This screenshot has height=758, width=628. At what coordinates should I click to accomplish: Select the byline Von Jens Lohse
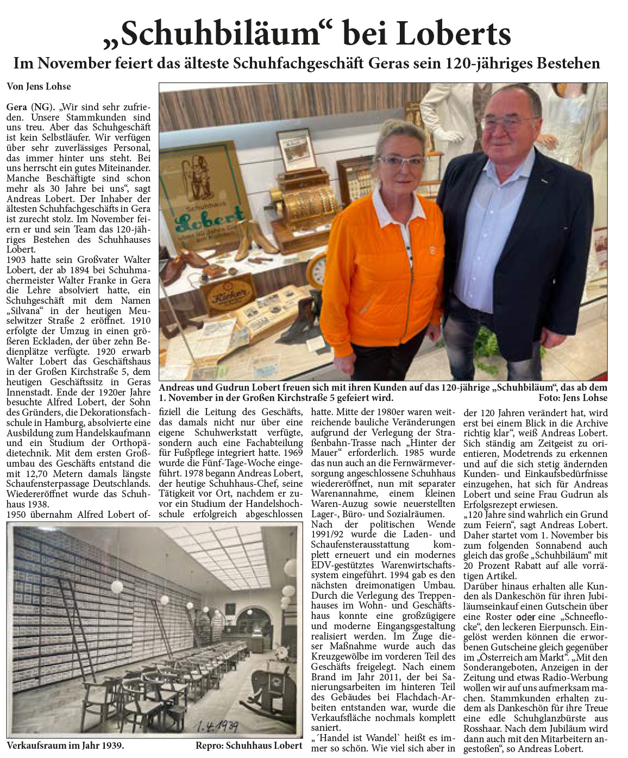pos(39,86)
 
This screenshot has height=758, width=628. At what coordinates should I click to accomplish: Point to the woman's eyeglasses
pos(401,160)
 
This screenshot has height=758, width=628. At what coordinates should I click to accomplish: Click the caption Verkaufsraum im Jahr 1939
pos(65,745)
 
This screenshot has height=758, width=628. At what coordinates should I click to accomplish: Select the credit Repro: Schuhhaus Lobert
pos(249,746)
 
